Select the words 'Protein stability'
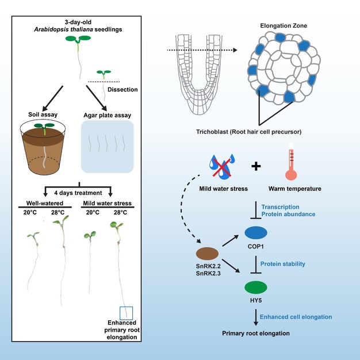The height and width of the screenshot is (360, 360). pos(283,263)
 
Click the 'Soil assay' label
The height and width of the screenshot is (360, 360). pos(43,113)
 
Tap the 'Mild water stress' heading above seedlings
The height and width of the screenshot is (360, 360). pos(106,202)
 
